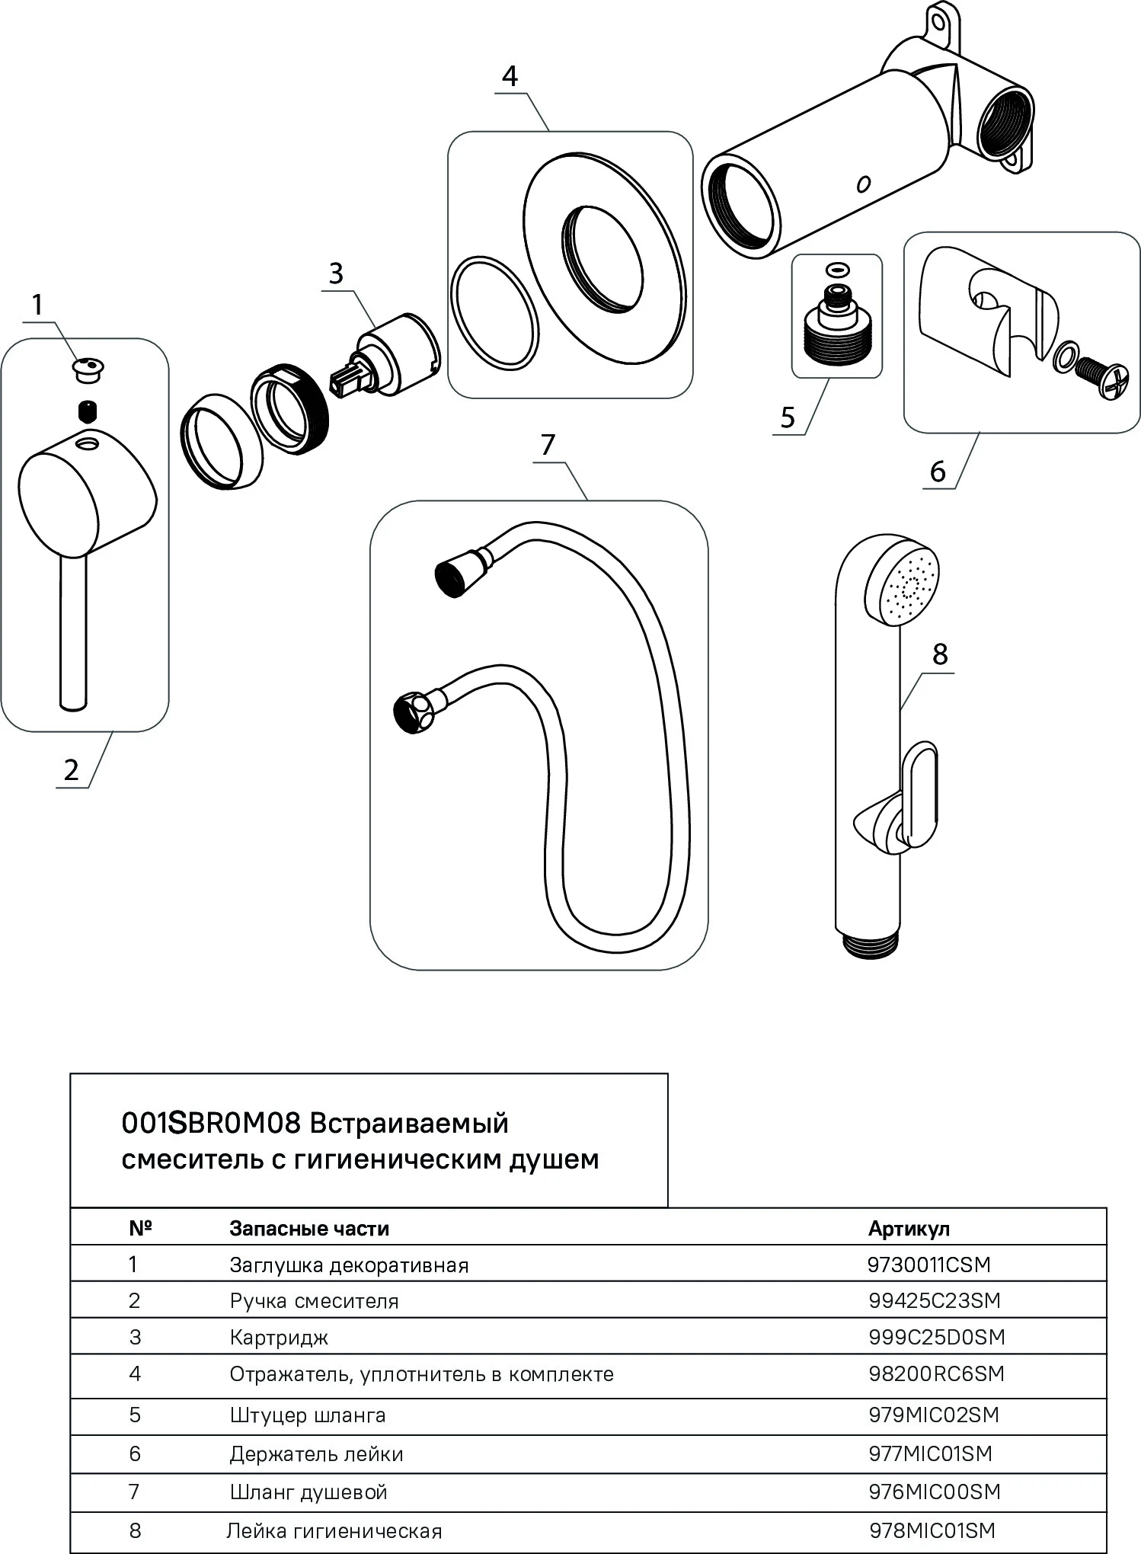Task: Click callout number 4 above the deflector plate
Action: [x=510, y=77]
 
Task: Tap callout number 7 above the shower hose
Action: [x=548, y=444]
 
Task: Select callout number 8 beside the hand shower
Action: [x=939, y=654]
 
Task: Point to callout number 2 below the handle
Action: [x=71, y=770]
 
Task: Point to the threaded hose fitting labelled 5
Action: [x=836, y=332]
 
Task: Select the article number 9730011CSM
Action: [x=928, y=1265]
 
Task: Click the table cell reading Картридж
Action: [x=279, y=1338]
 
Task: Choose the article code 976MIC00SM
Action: [x=934, y=1492]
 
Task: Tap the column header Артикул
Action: [x=909, y=1229]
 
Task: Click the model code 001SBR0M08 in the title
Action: [x=213, y=1124]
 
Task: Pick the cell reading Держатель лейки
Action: [x=316, y=1454]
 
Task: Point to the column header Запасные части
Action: [x=309, y=1229]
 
